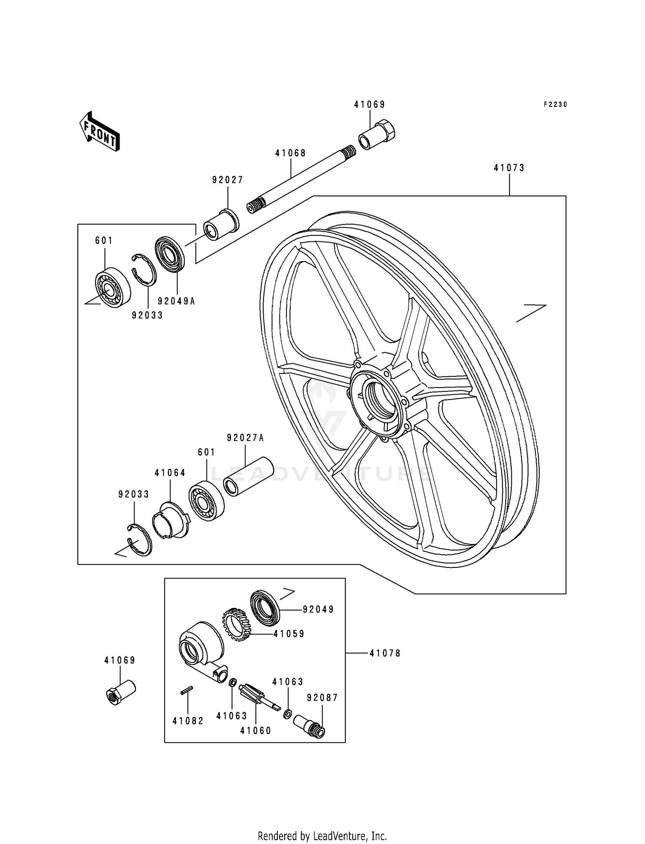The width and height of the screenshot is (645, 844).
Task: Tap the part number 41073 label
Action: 509,168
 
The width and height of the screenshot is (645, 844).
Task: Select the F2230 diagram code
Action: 555,105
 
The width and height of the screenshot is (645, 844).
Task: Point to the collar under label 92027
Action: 222,226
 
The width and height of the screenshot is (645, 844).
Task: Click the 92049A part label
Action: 176,301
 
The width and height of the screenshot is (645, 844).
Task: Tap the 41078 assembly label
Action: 385,653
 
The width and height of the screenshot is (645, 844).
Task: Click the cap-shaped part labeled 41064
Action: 171,521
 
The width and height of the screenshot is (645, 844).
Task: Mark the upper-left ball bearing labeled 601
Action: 112,287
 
